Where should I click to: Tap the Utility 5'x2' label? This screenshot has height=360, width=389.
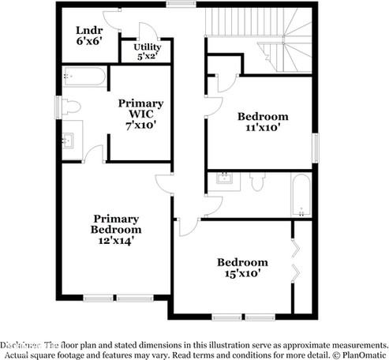click(147, 52)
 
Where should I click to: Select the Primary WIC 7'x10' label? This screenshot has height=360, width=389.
click(140, 113)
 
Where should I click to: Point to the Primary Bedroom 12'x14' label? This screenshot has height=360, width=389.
click(116, 230)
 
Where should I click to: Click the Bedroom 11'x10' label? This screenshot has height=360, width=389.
click(263, 121)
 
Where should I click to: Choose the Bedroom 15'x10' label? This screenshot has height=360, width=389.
click(242, 268)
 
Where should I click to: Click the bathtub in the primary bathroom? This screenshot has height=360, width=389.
click(83, 77)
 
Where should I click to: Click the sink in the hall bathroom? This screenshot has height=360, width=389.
click(223, 178)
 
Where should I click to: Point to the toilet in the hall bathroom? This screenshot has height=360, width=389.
click(257, 182)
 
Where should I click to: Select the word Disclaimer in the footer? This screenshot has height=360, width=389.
click(21, 345)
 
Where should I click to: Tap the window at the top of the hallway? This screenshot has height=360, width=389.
click(181, 4)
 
